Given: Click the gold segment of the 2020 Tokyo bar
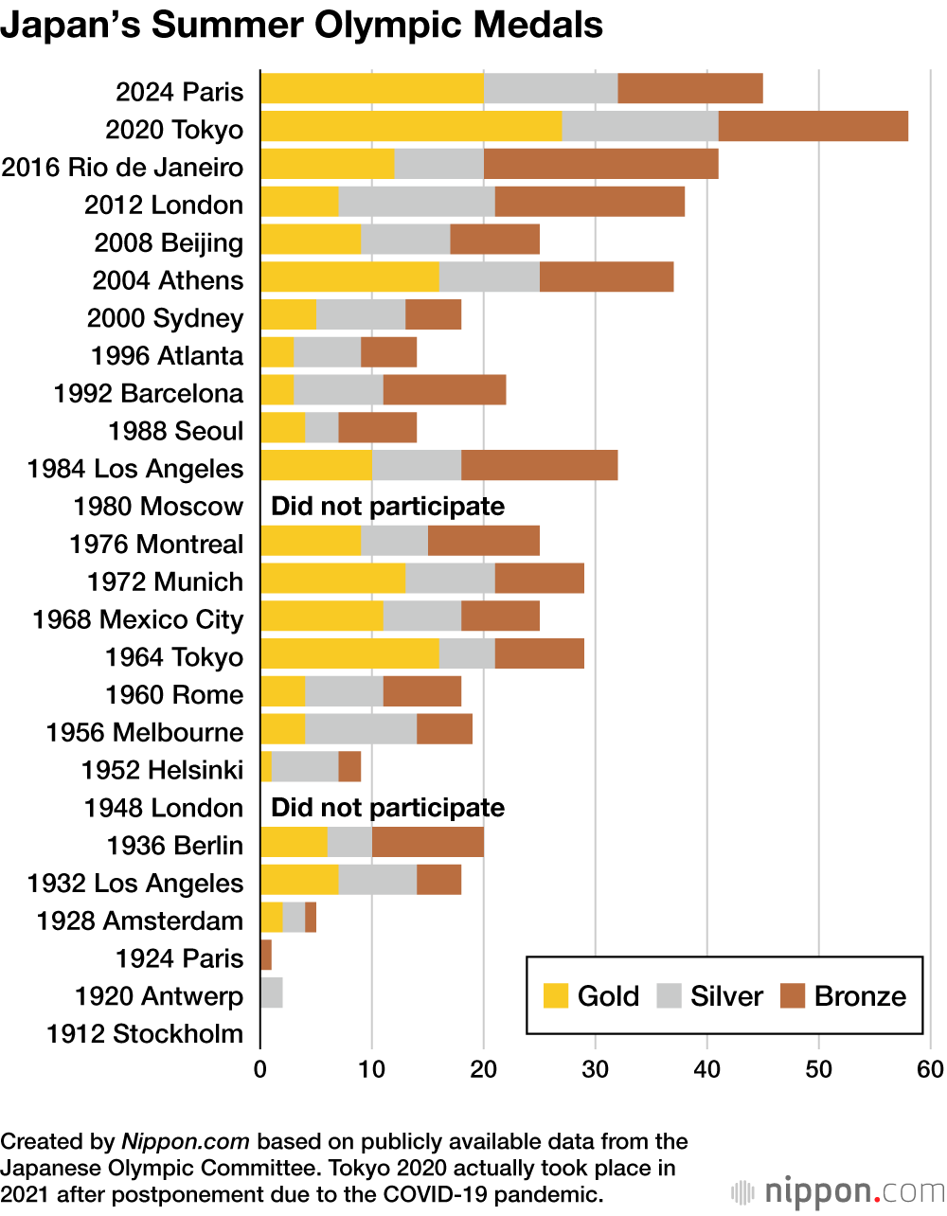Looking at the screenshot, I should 411,126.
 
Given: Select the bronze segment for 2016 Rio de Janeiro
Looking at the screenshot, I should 600,164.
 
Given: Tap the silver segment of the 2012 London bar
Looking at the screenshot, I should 417,202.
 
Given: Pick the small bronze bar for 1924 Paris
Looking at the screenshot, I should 266,956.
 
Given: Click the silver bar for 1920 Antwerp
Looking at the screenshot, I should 272,993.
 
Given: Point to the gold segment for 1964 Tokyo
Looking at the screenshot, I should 349,654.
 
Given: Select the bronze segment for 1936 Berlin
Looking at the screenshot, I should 428,843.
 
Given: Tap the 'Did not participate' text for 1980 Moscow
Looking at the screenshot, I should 387,506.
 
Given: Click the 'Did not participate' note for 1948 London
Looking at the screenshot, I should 387,808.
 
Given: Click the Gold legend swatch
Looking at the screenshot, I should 556,995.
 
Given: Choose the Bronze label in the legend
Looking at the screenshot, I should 860,996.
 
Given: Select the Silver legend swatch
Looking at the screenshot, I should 670,995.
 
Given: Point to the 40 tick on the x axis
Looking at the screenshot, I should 707,1069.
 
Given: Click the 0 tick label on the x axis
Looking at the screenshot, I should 260,1069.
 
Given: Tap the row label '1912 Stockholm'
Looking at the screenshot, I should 145,1033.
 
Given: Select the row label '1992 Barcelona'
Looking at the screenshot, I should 149,393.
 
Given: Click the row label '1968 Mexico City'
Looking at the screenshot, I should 138,619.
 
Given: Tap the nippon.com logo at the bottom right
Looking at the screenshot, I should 837,1191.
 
